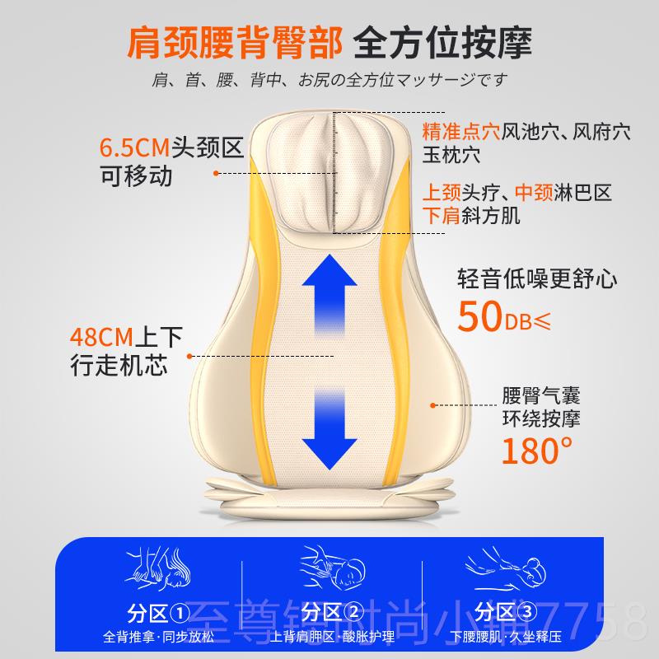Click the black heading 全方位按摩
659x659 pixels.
(x=442, y=41)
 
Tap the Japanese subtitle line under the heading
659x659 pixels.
(x=329, y=81)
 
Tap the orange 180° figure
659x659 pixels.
(x=536, y=451)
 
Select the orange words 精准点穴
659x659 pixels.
(x=461, y=131)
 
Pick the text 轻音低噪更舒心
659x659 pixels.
(x=537, y=278)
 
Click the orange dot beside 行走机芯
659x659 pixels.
(x=191, y=356)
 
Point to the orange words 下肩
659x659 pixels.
(x=442, y=217)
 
